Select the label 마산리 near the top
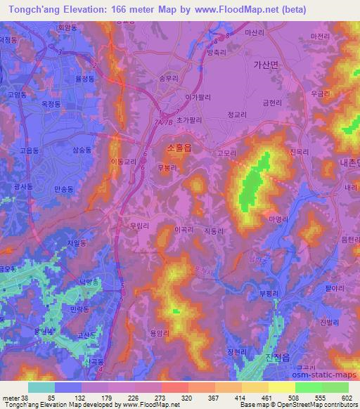[253, 33]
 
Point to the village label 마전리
[319, 35]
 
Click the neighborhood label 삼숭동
[82, 150]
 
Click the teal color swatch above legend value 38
[41, 387]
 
